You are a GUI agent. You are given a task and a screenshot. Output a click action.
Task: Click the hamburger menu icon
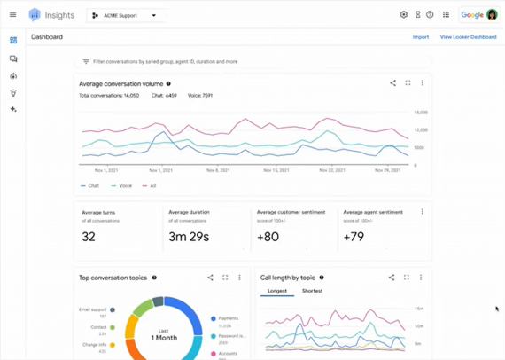[12, 15]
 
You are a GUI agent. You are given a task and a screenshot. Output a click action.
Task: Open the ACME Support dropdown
[125, 15]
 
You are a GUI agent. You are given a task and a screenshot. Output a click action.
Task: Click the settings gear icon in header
[404, 15]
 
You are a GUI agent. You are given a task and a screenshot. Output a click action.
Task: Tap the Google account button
[479, 15]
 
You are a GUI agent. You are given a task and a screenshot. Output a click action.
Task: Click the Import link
[421, 37]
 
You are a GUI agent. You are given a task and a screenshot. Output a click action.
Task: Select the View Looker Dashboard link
[468, 37]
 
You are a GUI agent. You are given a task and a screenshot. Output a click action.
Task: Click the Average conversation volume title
[120, 84]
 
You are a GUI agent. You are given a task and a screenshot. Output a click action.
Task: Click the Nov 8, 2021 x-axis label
[218, 170]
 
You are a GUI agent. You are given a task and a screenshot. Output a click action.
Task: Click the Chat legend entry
[91, 186]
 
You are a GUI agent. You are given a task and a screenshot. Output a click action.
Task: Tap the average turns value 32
[89, 237]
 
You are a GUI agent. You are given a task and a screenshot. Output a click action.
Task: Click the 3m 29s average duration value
[188, 237]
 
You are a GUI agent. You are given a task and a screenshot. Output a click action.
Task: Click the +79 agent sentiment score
[354, 237]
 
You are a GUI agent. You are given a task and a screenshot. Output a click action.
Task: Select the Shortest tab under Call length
[312, 291]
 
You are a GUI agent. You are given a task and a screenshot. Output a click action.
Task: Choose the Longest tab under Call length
[276, 291]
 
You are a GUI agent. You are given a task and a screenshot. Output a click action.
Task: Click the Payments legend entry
[227, 318]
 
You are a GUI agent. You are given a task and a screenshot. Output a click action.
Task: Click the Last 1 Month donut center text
[164, 334]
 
